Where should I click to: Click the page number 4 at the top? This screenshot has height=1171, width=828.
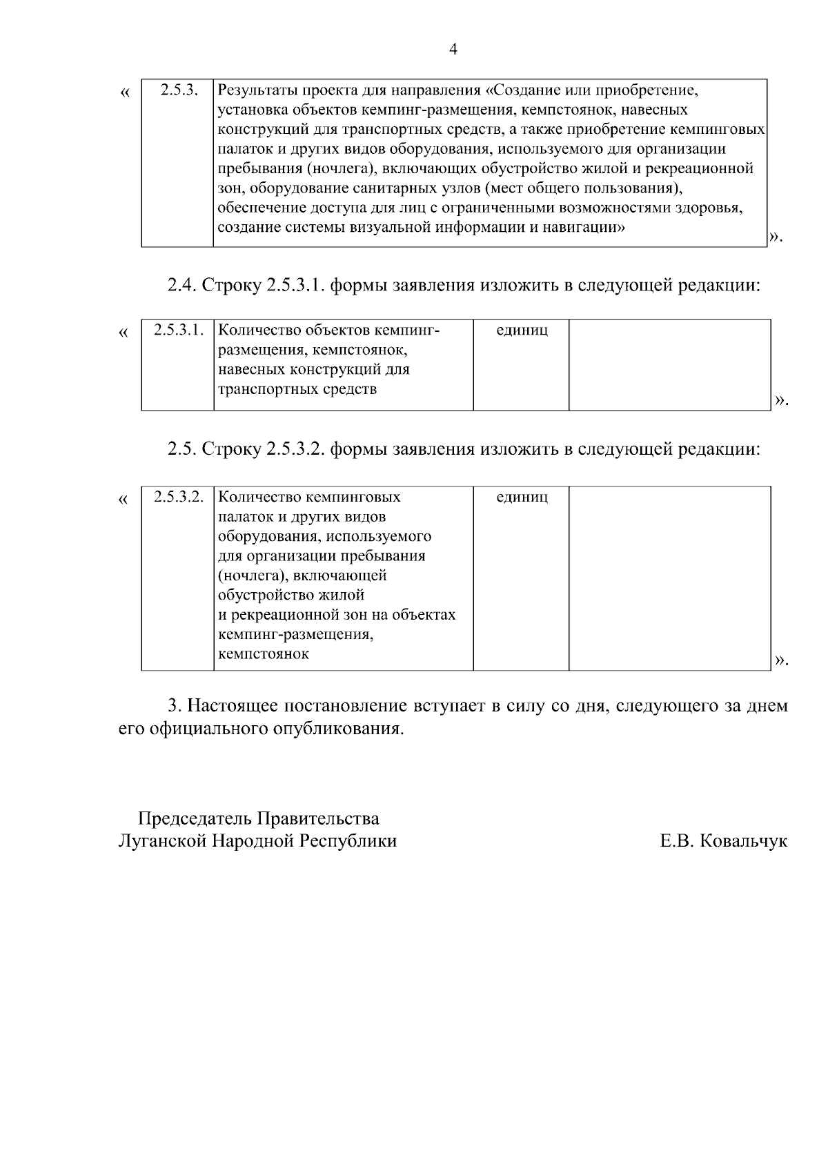click(453, 49)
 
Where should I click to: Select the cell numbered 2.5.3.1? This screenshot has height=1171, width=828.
click(179, 330)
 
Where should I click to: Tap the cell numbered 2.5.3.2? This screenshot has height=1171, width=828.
click(179, 497)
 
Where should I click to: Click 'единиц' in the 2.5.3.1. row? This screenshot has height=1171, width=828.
click(522, 330)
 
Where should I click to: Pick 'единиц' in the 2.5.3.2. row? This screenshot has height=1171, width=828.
click(522, 497)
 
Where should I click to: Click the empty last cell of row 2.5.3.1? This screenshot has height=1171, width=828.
click(669, 364)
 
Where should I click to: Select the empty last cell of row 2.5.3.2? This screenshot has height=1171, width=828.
click(669, 578)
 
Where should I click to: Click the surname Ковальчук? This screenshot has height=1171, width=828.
click(743, 841)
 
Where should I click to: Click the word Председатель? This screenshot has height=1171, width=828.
click(195, 819)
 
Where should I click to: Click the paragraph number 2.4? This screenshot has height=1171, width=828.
click(181, 285)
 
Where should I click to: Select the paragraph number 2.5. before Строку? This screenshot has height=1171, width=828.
click(181, 450)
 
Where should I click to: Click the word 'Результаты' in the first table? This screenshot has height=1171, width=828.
click(252, 90)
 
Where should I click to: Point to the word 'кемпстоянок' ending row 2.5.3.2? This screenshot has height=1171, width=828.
click(263, 654)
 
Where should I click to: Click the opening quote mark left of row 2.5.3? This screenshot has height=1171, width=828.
click(124, 92)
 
